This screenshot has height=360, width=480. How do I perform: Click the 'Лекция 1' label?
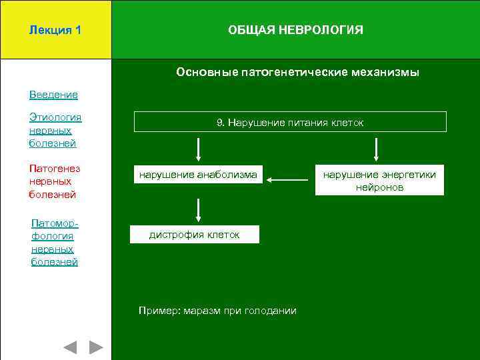coord(55,31)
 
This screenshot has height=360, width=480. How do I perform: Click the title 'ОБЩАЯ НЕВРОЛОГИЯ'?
coord(295,31)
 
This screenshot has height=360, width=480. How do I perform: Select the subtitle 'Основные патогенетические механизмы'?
coord(297,72)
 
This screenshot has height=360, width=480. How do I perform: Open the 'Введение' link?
coord(53,95)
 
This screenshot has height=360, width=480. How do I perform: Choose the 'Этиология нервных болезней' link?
coord(55,130)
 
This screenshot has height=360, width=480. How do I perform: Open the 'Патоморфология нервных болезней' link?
coord(55,243)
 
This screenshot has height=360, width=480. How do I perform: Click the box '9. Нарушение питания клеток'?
coord(290,122)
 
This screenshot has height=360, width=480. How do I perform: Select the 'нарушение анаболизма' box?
coord(197,175)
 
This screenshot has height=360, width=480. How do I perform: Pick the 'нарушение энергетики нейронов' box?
coord(379,181)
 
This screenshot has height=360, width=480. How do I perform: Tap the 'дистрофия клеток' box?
coord(194,235)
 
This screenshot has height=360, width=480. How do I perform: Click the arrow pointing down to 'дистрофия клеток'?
coord(198,210)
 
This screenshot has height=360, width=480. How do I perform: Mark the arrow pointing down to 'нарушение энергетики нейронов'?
coord(377,149)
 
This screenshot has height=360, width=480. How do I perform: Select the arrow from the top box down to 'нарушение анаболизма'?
coord(198,149)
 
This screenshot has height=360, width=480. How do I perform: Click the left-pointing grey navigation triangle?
coord(71,347)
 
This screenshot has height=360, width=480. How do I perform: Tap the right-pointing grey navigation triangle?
coord(97,347)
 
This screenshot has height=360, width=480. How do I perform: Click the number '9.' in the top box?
coord(221,122)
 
